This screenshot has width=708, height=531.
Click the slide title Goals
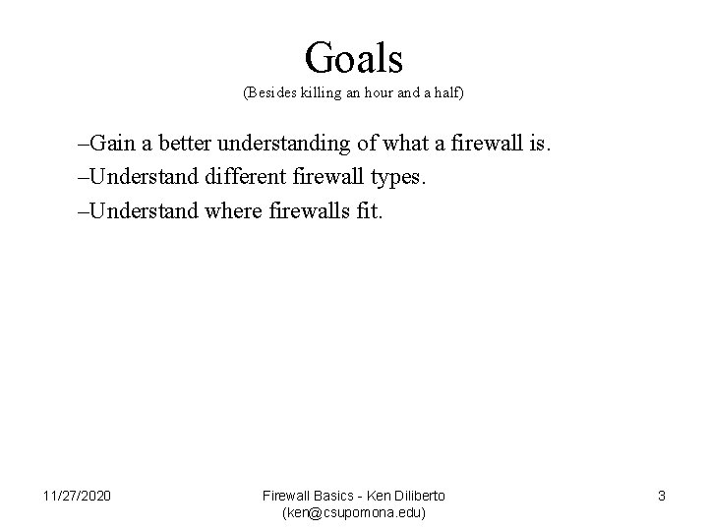(x=354, y=58)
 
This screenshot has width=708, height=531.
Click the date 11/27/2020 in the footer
(x=78, y=495)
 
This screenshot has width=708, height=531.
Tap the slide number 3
(x=661, y=496)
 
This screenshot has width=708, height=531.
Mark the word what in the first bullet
(x=389, y=145)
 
